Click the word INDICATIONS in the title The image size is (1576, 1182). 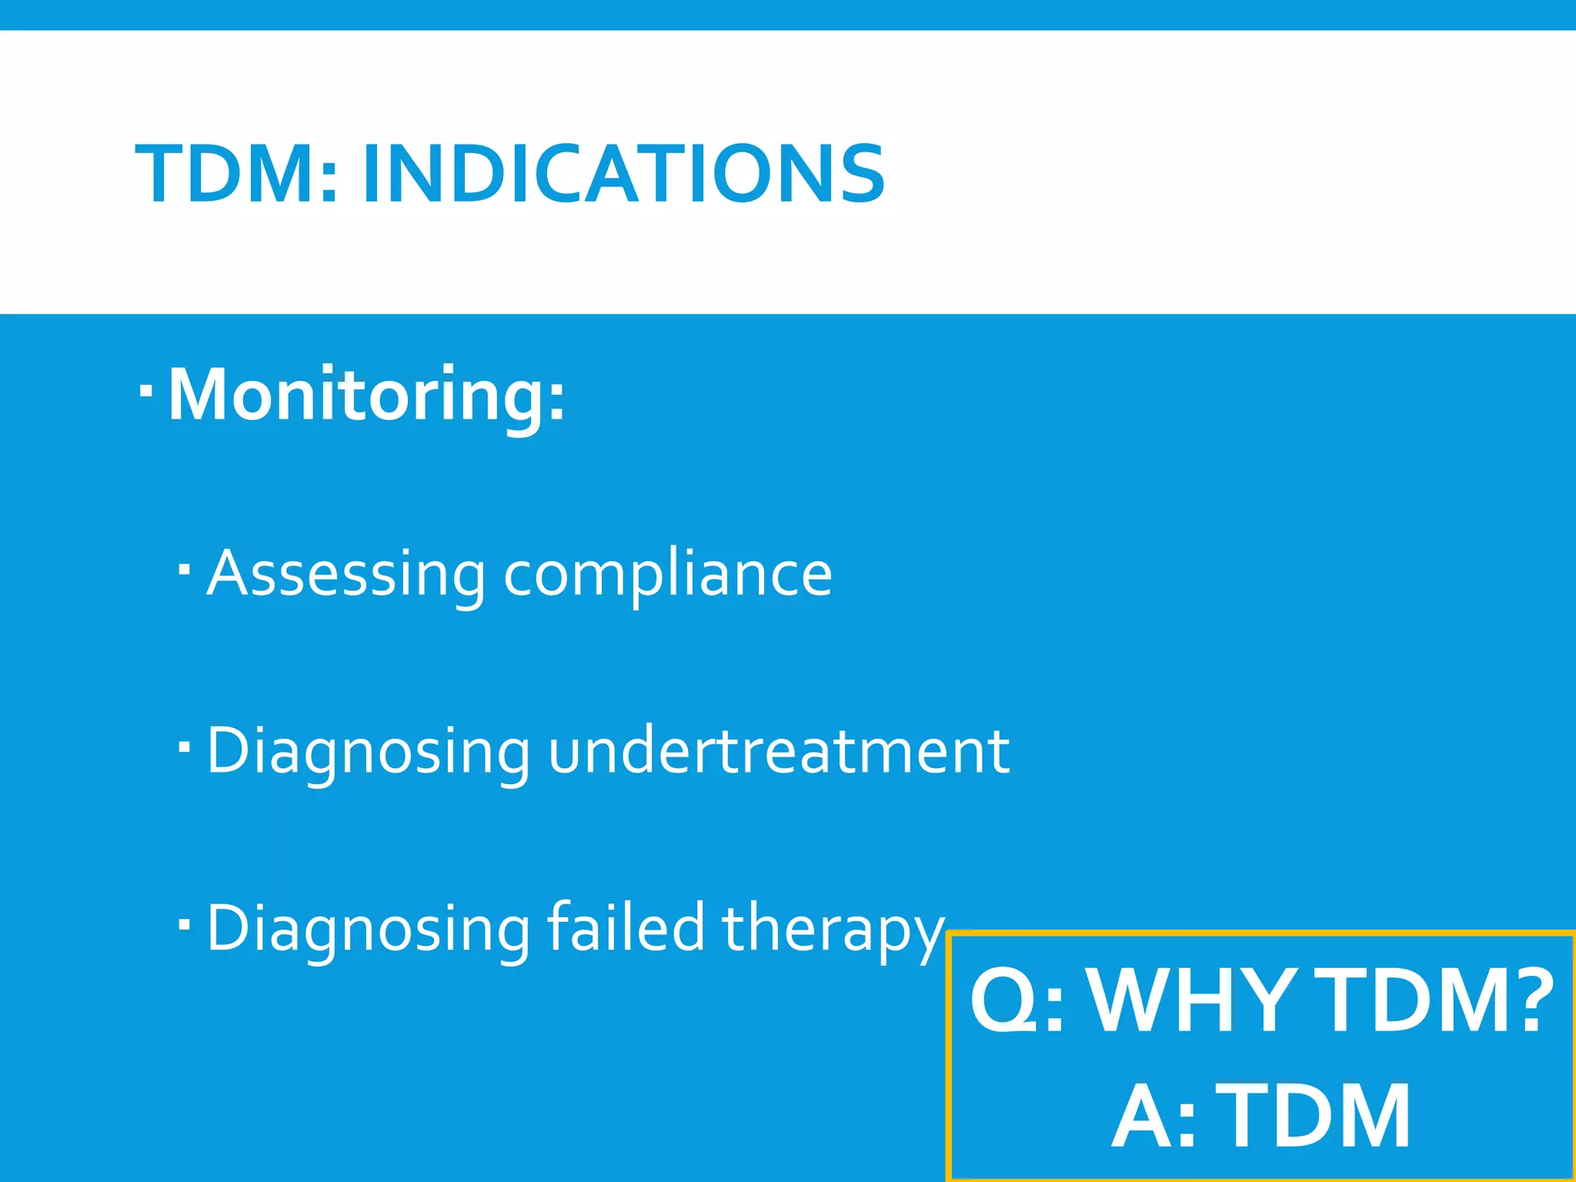click(x=623, y=175)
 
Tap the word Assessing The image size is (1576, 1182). click(x=346, y=573)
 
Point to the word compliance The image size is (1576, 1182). click(x=667, y=573)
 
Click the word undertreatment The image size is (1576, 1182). click(x=778, y=750)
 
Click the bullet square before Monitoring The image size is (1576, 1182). click(x=146, y=392)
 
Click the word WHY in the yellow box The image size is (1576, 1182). click(x=1192, y=1001)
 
